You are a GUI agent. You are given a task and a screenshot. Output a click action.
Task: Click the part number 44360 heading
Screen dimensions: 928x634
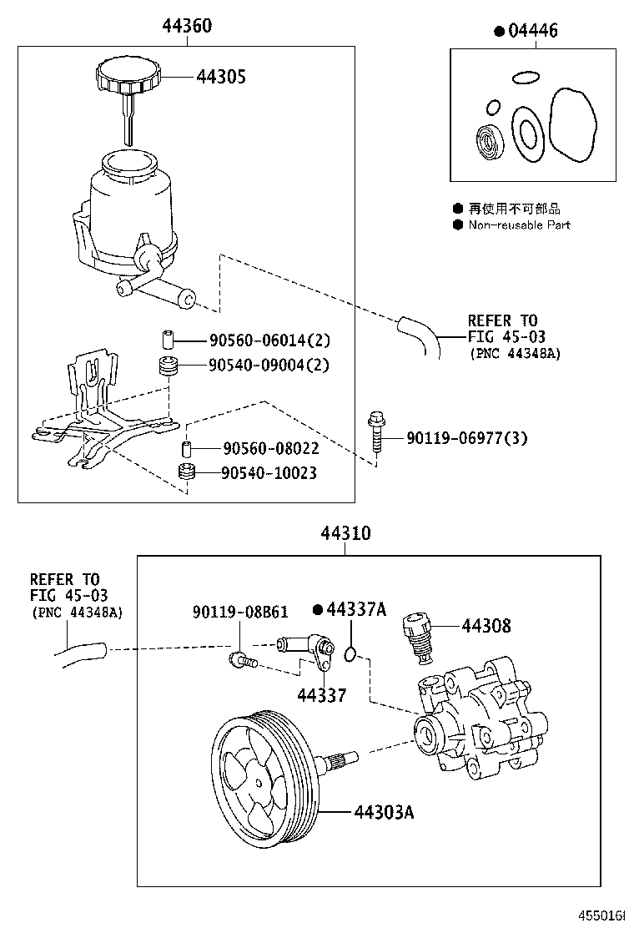pyautogui.click(x=187, y=27)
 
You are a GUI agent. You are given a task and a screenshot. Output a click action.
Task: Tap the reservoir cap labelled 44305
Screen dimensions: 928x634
pyautogui.click(x=128, y=76)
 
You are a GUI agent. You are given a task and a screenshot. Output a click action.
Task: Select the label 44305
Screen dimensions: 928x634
pyautogui.click(x=221, y=77)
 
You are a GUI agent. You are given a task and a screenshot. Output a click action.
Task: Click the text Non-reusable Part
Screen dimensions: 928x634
pyautogui.click(x=519, y=225)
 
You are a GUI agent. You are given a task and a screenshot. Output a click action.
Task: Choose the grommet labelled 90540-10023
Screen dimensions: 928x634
pyautogui.click(x=188, y=473)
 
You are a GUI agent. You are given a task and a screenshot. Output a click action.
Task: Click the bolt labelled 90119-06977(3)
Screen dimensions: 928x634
pyautogui.click(x=375, y=434)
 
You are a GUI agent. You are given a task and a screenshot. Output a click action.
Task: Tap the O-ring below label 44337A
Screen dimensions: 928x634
pyautogui.click(x=352, y=652)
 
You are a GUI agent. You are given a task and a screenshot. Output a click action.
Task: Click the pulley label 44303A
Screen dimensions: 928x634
pyautogui.click(x=383, y=811)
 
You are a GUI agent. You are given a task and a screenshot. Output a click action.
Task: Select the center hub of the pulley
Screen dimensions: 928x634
pyautogui.click(x=260, y=782)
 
